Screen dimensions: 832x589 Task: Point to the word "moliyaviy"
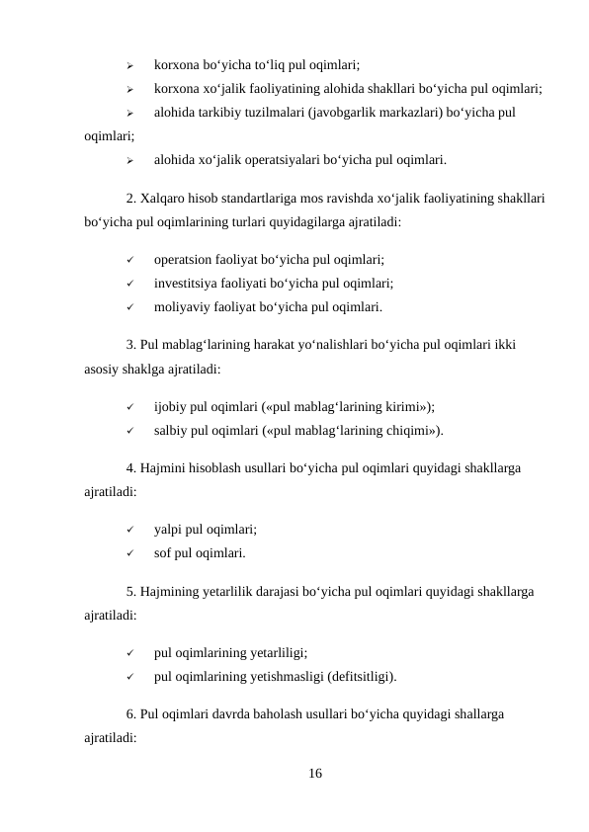tap(182, 306)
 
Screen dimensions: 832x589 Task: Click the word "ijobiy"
tap(171, 406)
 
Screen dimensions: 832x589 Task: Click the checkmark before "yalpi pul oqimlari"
tap(130, 530)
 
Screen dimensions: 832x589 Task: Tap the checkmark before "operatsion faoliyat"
tap(130, 262)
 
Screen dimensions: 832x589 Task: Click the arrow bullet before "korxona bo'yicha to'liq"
tap(130, 65)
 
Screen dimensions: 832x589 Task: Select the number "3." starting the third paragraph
tap(132, 346)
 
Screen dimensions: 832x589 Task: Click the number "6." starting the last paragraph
tap(132, 713)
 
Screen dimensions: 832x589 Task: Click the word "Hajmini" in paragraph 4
tap(164, 468)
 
